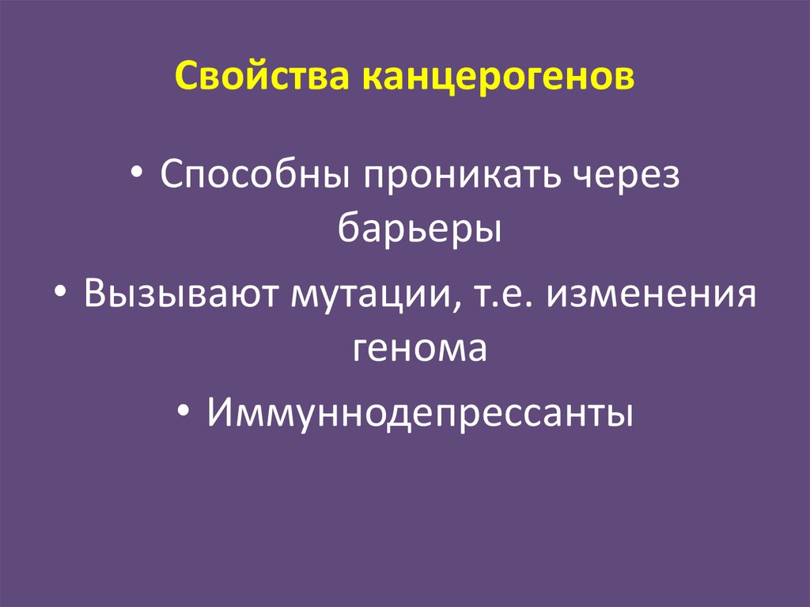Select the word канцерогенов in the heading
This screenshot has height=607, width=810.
point(498,78)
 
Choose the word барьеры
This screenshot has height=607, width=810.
point(419,229)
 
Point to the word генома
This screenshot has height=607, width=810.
point(419,349)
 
